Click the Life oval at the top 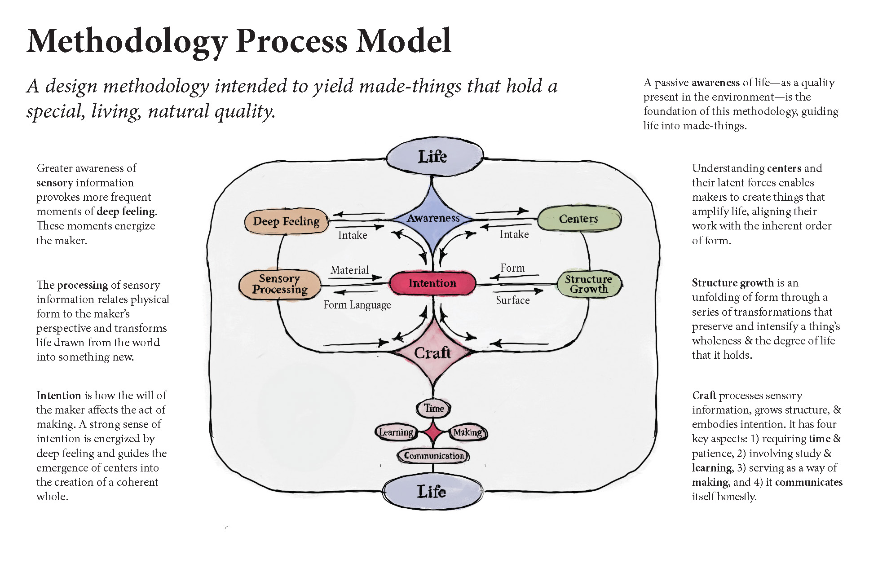click(x=434, y=157)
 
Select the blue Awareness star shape click(x=433, y=218)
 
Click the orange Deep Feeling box click(x=287, y=221)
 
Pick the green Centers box click(x=578, y=219)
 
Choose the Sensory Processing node click(x=280, y=284)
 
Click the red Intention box click(x=432, y=283)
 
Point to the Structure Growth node click(x=588, y=284)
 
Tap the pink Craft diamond click(x=432, y=353)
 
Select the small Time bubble click(x=434, y=408)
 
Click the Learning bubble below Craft click(x=396, y=432)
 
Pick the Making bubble click(x=468, y=432)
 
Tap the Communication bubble click(x=433, y=456)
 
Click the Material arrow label click(x=349, y=270)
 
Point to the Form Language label click(x=357, y=305)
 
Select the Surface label click(x=512, y=300)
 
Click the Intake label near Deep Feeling click(x=353, y=235)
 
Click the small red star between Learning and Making click(x=433, y=432)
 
